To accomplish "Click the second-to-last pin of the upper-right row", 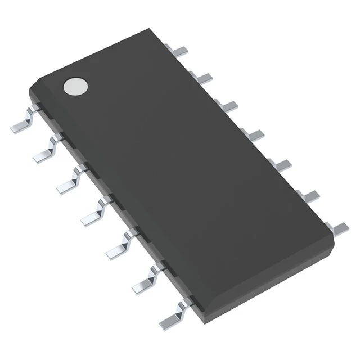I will tap(309, 195).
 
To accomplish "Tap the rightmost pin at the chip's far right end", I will tap(339, 228).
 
